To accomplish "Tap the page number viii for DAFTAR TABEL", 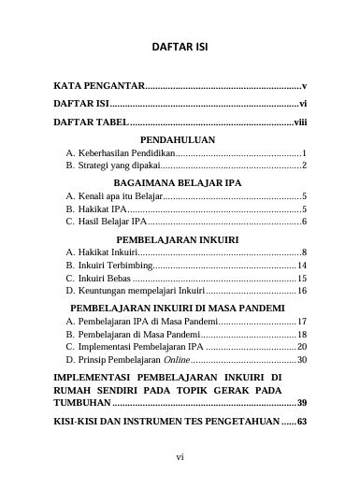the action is point(300,122).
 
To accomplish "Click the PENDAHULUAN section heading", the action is point(177,139).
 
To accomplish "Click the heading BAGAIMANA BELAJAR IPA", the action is point(177,183).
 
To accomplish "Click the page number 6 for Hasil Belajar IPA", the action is point(305,222).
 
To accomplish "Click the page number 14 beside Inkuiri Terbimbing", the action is point(302,266).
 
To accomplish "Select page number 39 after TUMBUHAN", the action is point(301,402).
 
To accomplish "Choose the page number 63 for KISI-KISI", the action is point(301,422).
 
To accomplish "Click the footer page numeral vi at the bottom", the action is point(180,457).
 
